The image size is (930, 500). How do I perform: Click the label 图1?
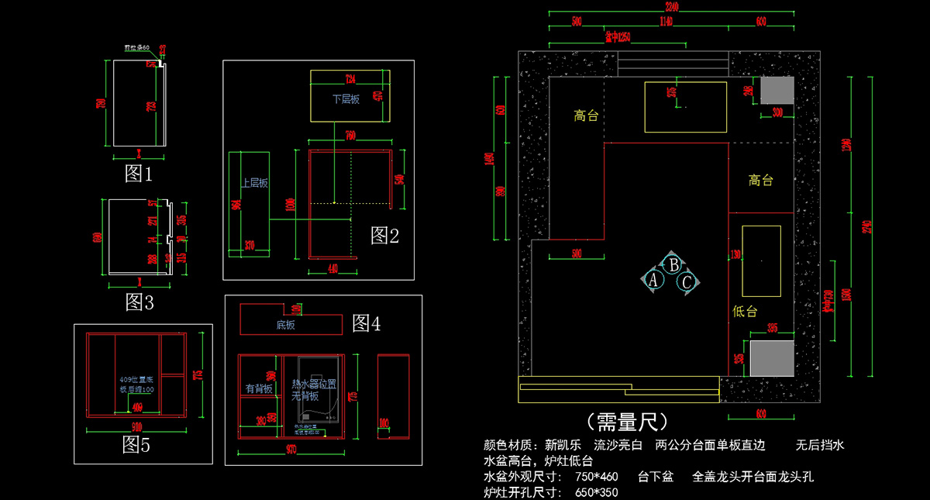coord(139,174)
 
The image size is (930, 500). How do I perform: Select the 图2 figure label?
coord(384,235)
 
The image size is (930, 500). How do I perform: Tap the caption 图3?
coord(139,302)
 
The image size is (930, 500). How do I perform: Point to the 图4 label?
coord(366,323)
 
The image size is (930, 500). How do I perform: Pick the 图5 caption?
coord(136,444)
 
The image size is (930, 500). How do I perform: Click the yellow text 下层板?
coord(346,99)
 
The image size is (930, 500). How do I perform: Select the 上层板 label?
coord(254,183)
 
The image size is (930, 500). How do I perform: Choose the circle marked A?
coord(653,280)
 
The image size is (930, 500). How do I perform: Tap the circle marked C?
coord(687,282)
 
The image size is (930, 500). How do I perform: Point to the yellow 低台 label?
coord(744,311)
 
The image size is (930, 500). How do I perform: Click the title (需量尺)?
coord(628,422)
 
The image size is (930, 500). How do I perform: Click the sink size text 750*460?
coord(597,477)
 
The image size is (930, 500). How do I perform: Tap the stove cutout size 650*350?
coord(597,492)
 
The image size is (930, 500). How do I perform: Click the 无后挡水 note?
coord(820,446)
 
